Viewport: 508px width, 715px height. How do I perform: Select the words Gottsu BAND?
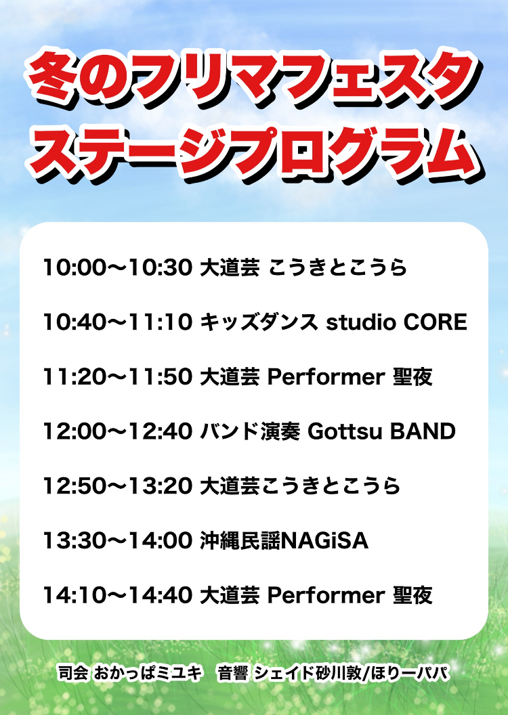(382, 431)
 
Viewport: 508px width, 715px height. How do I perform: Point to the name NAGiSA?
(325, 541)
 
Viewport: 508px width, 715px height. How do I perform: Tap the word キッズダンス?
(259, 322)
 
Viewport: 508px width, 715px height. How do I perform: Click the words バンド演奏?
(251, 431)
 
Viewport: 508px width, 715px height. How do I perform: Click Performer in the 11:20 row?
(326, 377)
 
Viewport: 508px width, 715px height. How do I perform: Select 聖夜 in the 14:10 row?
(412, 595)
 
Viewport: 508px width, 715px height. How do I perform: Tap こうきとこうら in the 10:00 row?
(338, 267)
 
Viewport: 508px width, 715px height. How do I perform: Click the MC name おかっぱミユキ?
(147, 673)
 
